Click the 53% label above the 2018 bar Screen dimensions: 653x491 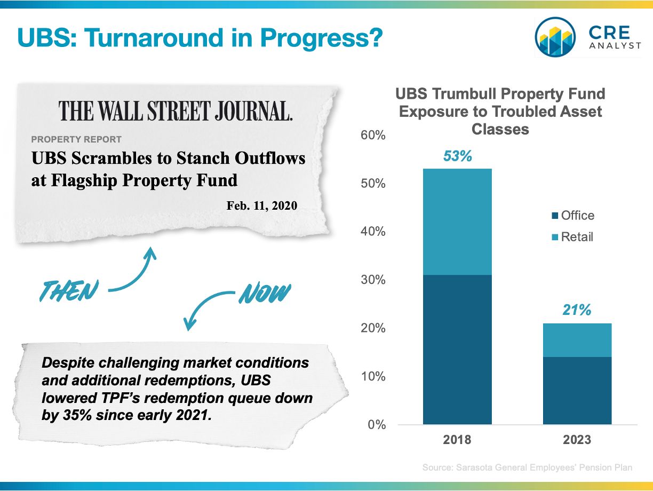[x=458, y=156]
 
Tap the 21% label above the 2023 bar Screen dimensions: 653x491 [x=577, y=310]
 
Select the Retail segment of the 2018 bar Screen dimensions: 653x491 [x=457, y=221]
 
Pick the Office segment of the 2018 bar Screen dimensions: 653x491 [x=457, y=350]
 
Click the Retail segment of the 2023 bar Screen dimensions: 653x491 [x=577, y=340]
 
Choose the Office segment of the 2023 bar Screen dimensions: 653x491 [x=577, y=391]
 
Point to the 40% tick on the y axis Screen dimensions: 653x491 [x=373, y=231]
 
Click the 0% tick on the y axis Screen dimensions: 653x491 [x=377, y=425]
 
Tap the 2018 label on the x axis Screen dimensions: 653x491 [x=457, y=440]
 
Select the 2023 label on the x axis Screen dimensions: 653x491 [x=577, y=440]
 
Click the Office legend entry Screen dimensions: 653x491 [x=573, y=215]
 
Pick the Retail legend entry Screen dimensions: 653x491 [x=572, y=237]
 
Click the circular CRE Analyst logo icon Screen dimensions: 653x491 [x=555, y=37]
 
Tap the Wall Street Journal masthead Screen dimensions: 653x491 [x=176, y=110]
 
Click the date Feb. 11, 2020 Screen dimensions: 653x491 [x=262, y=205]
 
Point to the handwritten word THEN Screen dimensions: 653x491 [x=69, y=290]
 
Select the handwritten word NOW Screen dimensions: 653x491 [x=265, y=293]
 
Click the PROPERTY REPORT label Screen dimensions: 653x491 [x=76, y=139]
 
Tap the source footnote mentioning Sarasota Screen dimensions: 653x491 [x=527, y=468]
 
